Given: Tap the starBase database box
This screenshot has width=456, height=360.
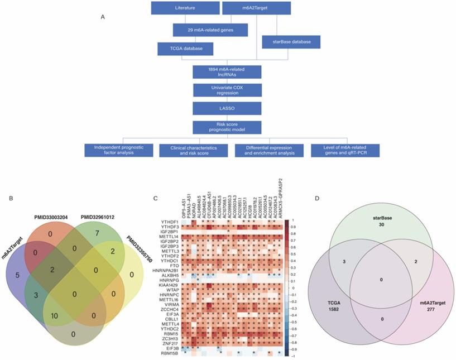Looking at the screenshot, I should click(x=287, y=42).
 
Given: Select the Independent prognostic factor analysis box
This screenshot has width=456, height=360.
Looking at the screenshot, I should click(x=119, y=150).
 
